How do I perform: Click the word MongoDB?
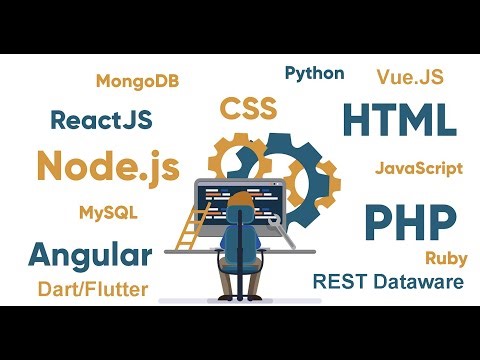coord(137,81)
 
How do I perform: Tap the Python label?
coord(314,73)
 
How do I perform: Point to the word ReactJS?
coord(101,120)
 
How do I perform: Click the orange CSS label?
coord(249,107)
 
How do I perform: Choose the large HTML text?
coord(399,120)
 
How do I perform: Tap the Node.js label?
coord(108,165)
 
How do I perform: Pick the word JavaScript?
coord(419,168)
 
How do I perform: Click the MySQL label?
coord(108,213)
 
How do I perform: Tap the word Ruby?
coord(446,257)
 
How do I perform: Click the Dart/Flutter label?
coord(92,290)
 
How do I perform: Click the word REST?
coord(337,282)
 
